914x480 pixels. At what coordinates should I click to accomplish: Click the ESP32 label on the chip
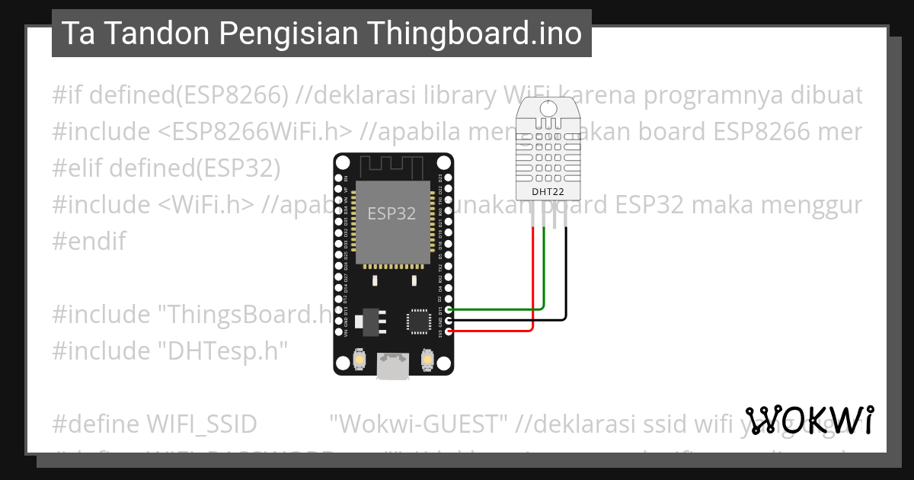[392, 213]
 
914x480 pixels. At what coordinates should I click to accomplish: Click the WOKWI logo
[810, 420]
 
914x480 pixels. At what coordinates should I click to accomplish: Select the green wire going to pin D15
[503, 309]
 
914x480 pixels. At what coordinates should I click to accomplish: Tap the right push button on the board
[427, 358]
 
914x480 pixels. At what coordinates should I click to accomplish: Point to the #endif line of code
[89, 242]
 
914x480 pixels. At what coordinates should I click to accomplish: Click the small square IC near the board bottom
[419, 320]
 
